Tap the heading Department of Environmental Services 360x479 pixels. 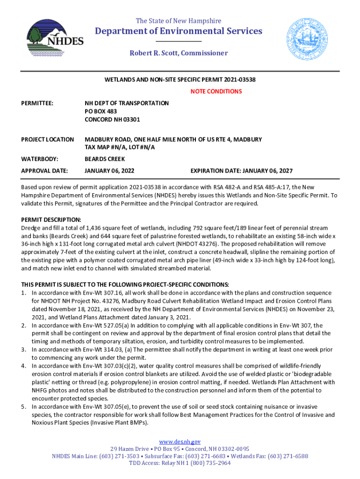[x=179, y=31]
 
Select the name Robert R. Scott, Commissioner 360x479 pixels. [x=179, y=53]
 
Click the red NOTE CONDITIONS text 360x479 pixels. [x=216, y=91]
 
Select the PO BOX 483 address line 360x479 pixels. [x=101, y=111]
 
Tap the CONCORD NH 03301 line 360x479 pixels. [x=112, y=119]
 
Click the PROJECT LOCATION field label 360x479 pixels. [x=48, y=139]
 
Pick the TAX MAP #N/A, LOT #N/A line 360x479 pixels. [x=119, y=147]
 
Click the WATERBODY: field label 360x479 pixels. [x=40, y=159]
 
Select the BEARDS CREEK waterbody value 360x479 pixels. [x=105, y=159]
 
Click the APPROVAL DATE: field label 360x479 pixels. [x=44, y=171]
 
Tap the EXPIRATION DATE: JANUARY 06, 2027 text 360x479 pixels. [x=241, y=171]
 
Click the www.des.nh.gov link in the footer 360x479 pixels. [x=180, y=442]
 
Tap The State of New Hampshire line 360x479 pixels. [x=179, y=21]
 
